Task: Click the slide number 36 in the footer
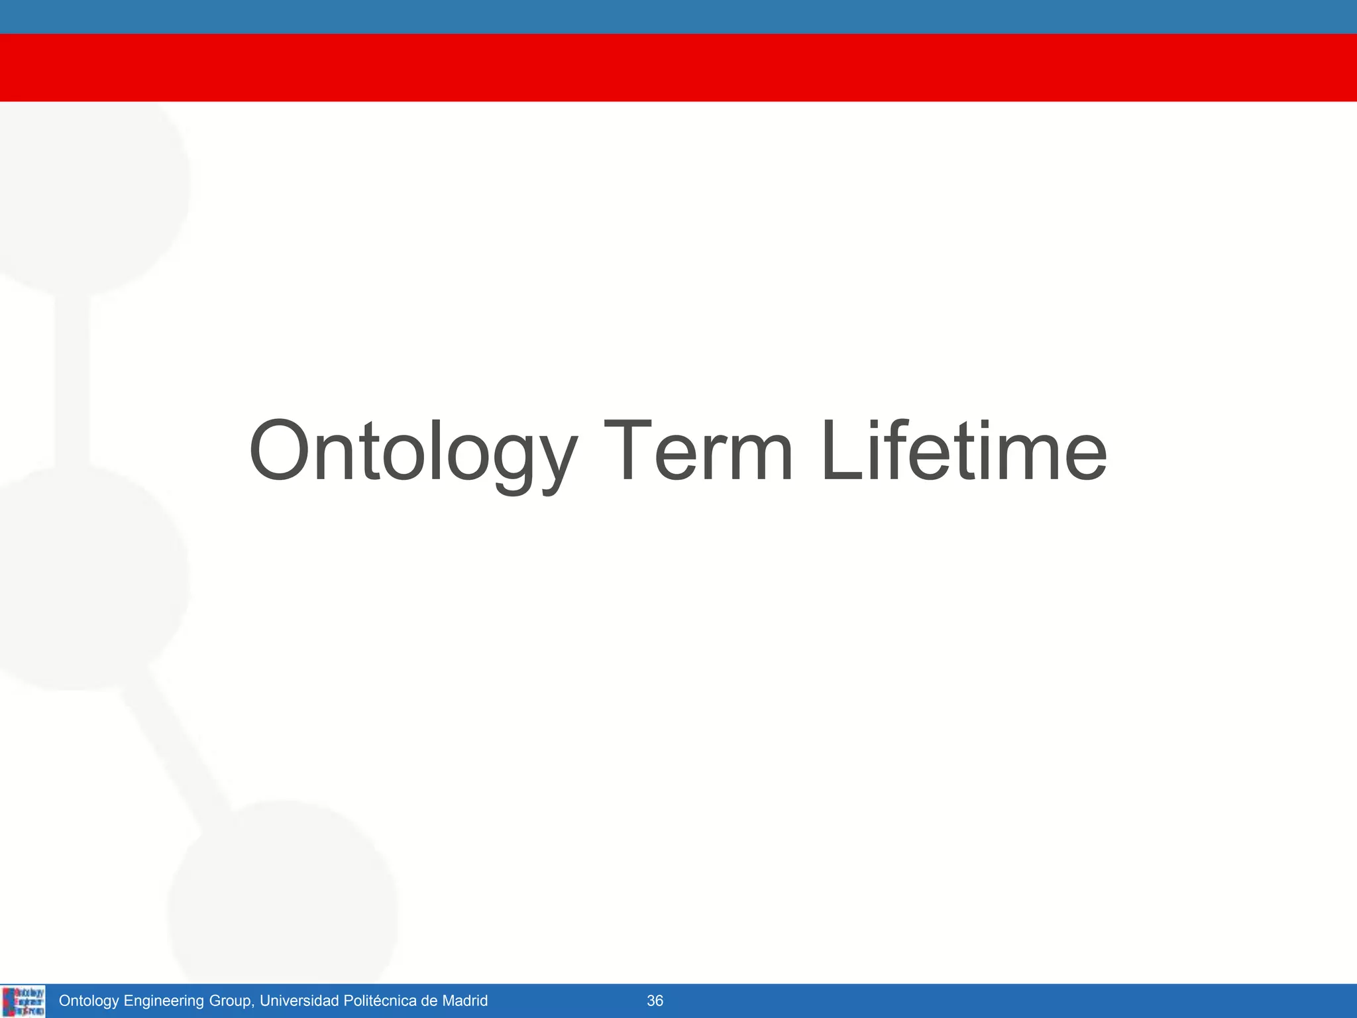point(655,1001)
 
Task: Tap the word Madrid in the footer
point(464,1001)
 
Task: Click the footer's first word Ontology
point(89,1001)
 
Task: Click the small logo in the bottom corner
point(23,1001)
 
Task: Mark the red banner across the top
point(678,68)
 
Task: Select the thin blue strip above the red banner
point(678,17)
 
